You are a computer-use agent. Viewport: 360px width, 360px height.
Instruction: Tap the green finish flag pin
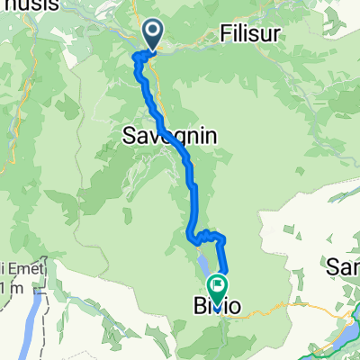point(218,286)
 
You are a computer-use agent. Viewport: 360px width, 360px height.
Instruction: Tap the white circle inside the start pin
point(153,33)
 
